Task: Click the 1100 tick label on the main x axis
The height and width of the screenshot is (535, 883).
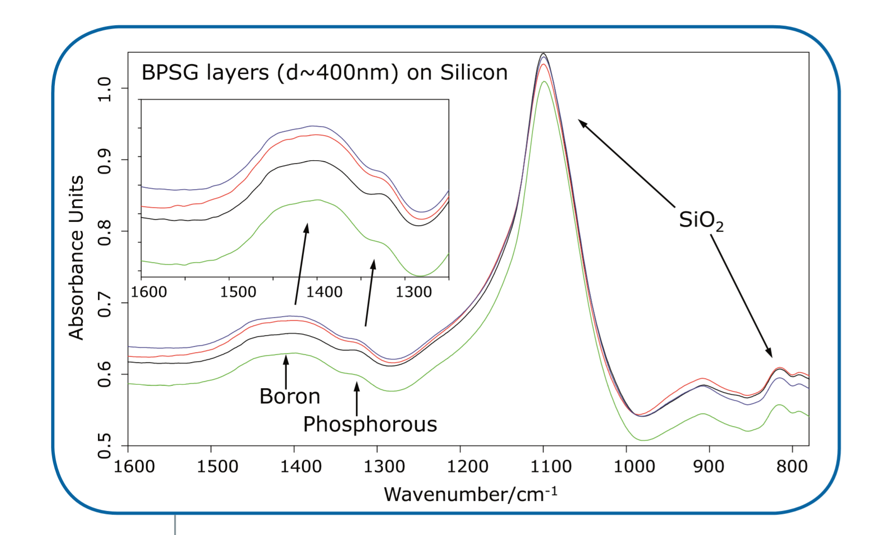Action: click(551, 466)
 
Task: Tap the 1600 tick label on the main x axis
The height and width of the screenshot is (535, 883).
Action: click(134, 466)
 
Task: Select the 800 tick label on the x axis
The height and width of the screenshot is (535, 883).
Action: click(792, 466)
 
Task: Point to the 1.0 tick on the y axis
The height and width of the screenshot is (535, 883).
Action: click(104, 89)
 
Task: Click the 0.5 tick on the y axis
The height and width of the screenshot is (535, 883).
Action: click(104, 446)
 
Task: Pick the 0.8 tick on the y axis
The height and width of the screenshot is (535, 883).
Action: click(104, 232)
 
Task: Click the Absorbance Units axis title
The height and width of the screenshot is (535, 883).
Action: click(76, 258)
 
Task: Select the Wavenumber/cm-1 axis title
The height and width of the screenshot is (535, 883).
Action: click(471, 494)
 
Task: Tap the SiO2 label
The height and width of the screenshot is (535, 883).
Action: click(701, 220)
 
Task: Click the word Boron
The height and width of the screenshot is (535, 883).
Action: click(290, 396)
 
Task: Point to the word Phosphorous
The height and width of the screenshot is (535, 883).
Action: click(370, 424)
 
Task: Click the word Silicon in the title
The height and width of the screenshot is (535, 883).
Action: click(473, 73)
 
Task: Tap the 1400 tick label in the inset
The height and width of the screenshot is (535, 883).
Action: click(324, 291)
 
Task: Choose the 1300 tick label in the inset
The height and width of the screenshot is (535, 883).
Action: click(414, 291)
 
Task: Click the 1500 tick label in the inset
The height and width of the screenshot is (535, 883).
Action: click(238, 291)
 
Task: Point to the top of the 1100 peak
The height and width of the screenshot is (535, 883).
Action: click(544, 54)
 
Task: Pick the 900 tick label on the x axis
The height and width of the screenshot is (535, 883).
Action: click(709, 466)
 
